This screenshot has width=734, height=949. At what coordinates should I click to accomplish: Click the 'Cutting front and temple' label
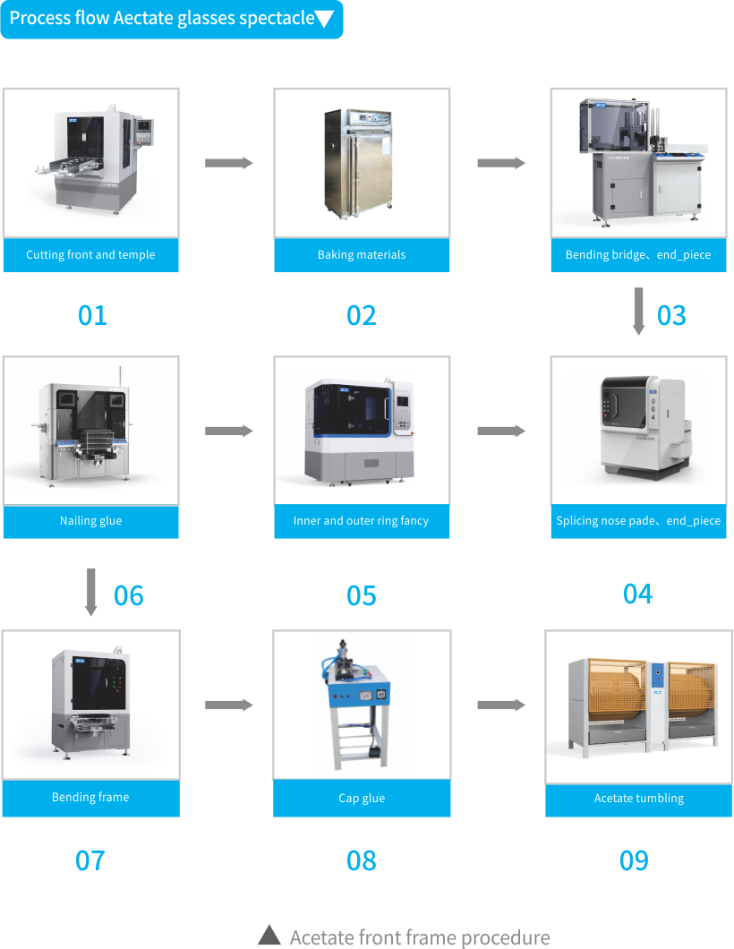90,255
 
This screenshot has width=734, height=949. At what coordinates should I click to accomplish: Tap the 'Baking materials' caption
362,255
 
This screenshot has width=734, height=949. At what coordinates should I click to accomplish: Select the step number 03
671,315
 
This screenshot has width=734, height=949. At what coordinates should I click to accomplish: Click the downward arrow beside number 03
638,312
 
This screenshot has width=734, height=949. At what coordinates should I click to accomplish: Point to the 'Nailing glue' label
90,521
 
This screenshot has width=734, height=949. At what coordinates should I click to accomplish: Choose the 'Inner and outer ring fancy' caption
362,521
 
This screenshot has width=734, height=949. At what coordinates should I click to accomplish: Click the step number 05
362,596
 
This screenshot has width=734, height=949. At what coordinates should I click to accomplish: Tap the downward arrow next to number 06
90,591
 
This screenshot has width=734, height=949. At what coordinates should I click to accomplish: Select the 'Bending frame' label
90,798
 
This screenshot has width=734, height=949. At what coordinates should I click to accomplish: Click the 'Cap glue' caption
362,799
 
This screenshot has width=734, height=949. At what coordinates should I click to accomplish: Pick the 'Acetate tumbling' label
638,799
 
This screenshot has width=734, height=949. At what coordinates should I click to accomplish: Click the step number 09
634,860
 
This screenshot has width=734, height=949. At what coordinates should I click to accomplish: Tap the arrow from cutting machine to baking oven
229,163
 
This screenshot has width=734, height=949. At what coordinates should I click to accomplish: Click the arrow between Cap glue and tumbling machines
501,705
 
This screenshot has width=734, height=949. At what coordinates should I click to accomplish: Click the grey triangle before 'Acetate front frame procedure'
269,936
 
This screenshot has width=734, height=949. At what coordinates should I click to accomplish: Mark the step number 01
92,315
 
